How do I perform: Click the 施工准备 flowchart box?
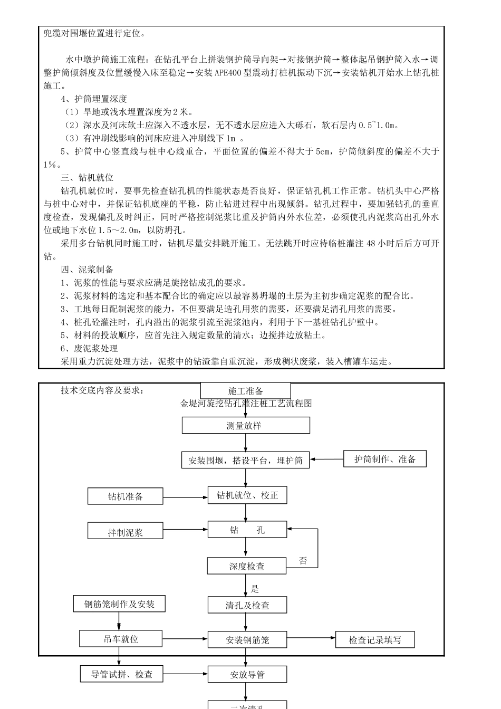click(245, 391)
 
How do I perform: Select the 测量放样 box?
click(246, 425)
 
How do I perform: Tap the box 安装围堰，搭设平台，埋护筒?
click(246, 460)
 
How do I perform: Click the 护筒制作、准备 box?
click(385, 459)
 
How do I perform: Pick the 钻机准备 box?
click(126, 496)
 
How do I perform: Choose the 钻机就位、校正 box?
click(247, 495)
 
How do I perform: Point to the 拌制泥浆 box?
click(126, 532)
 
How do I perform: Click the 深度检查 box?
click(247, 566)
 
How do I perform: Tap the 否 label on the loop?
click(303, 561)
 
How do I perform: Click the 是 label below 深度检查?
click(255, 589)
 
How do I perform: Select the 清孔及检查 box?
click(247, 605)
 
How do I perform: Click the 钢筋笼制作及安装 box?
click(119, 604)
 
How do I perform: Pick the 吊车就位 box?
click(121, 639)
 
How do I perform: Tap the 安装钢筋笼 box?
click(247, 640)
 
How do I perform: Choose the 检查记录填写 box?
click(375, 640)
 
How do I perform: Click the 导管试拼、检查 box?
click(122, 674)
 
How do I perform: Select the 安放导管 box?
click(247, 674)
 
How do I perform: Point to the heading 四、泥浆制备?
click(87, 270)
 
